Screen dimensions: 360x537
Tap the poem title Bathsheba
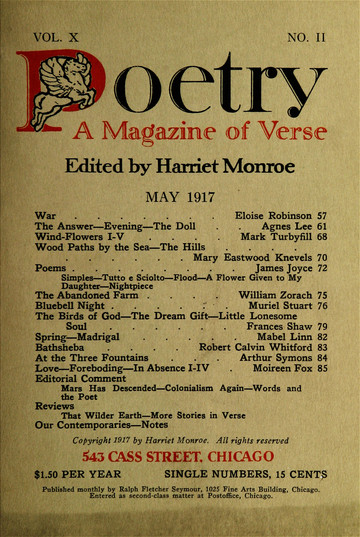pyautogui.click(x=66, y=376)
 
